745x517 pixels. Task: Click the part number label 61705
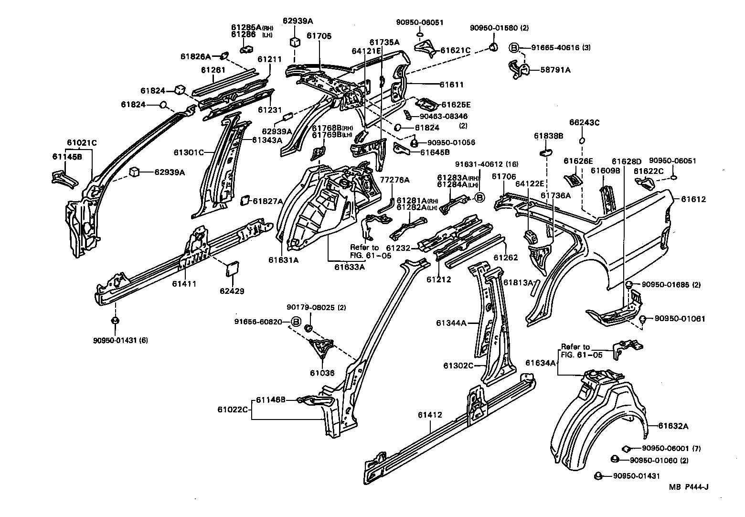(319, 36)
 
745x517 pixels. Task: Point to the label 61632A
(674, 426)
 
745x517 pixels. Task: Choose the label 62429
(232, 291)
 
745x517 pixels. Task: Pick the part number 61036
(322, 373)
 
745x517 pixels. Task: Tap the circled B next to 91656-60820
(296, 322)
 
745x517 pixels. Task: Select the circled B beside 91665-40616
(514, 47)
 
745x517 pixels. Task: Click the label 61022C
(233, 409)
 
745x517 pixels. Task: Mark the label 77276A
(394, 180)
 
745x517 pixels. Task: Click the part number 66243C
(584, 123)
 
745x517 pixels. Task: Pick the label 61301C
(189, 152)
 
